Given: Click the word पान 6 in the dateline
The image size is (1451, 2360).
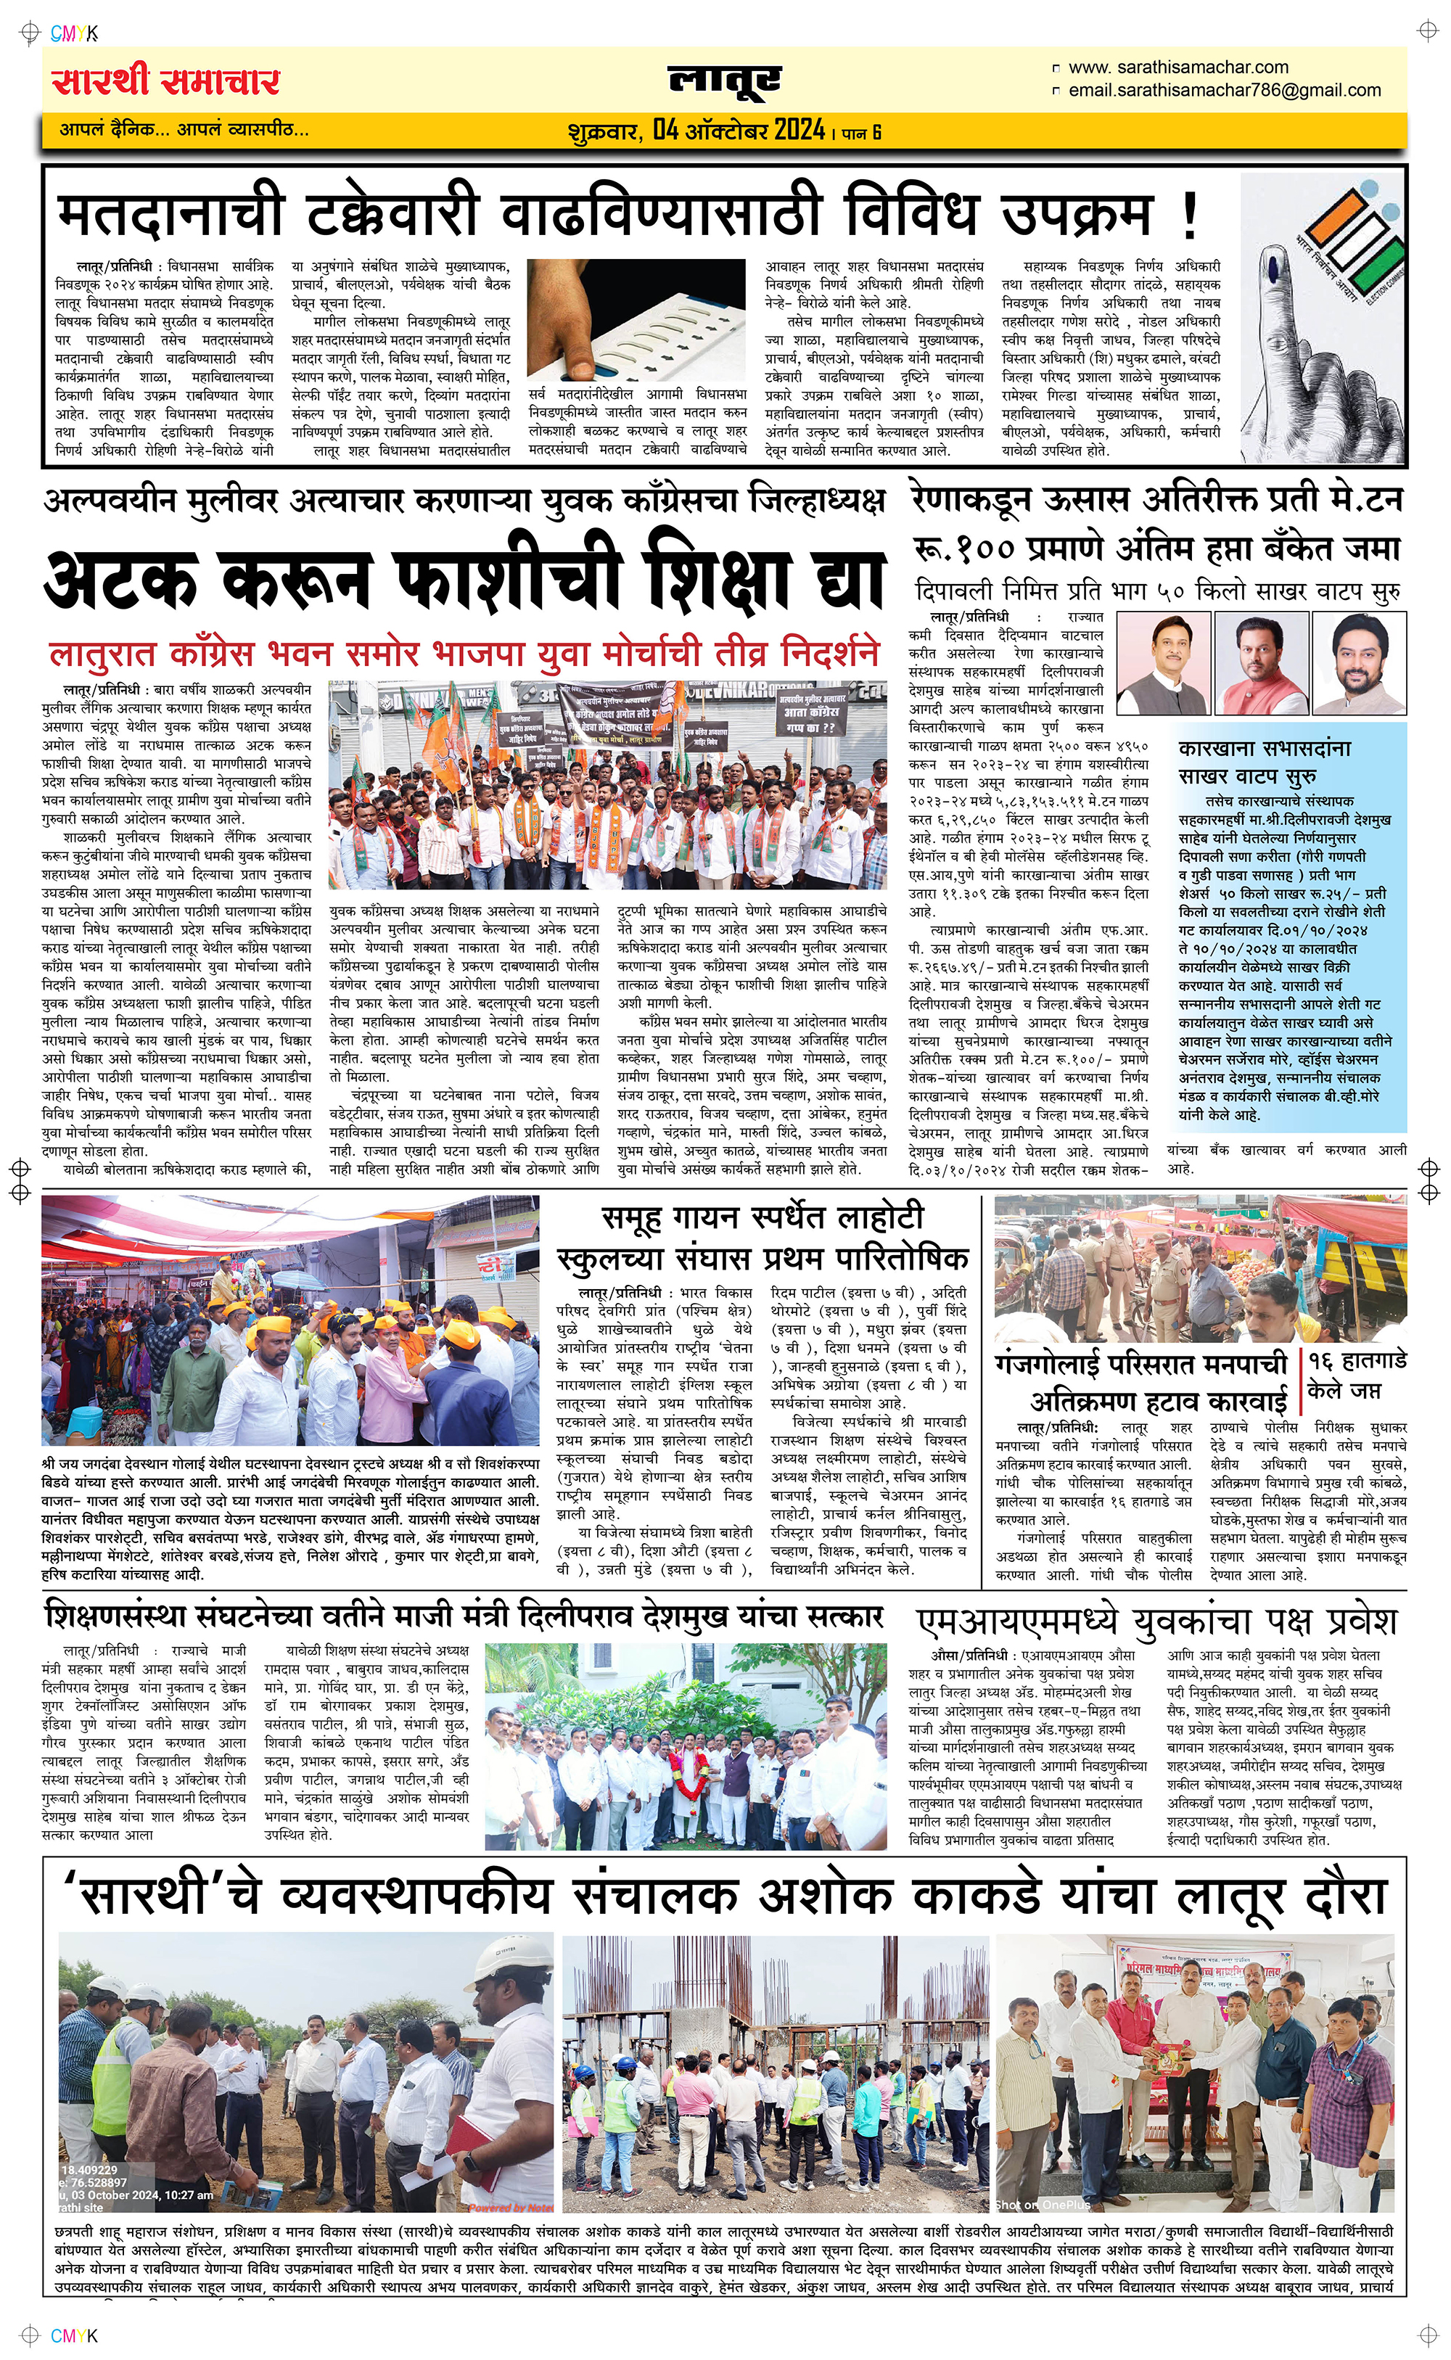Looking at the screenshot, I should click(x=861, y=132).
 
